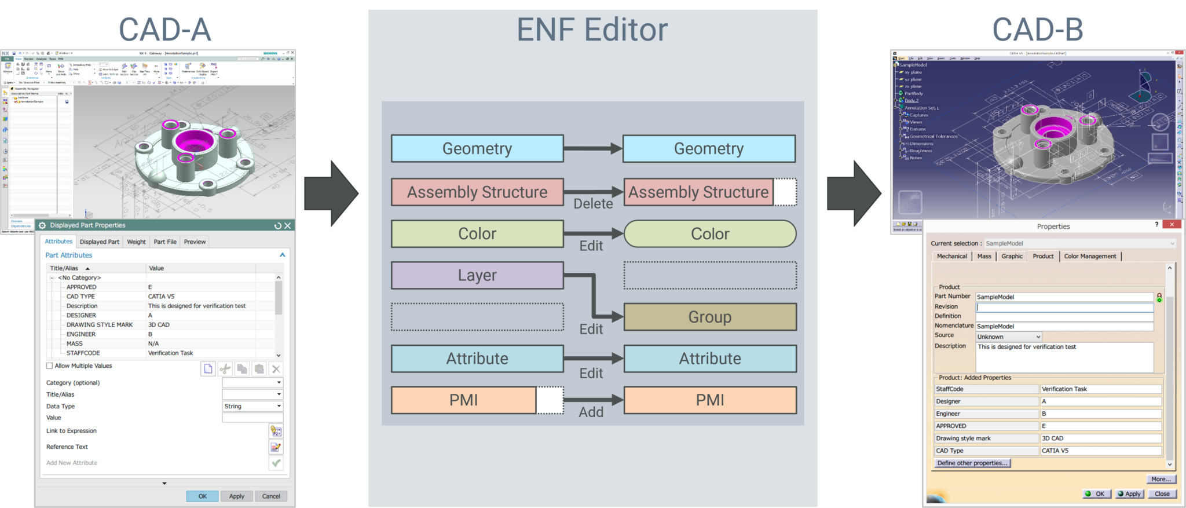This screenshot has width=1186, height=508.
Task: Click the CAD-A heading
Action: [x=165, y=30]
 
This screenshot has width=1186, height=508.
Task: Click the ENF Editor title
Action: [x=592, y=30]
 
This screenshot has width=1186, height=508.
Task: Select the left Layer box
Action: [x=477, y=275]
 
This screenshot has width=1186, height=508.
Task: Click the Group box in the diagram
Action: [x=710, y=317]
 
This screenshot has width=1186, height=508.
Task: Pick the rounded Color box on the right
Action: [x=710, y=234]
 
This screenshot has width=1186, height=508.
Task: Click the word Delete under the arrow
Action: [x=593, y=204]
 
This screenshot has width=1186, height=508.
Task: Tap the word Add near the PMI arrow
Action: [x=591, y=412]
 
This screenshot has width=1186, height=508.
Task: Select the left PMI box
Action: [x=464, y=400]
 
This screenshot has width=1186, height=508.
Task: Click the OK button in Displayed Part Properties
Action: [x=202, y=496]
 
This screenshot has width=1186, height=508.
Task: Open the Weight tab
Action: [x=136, y=242]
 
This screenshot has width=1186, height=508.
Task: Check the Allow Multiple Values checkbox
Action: [x=50, y=366]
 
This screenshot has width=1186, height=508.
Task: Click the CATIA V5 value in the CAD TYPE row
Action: [x=161, y=297]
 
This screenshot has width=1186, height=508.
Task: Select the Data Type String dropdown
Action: [x=252, y=407]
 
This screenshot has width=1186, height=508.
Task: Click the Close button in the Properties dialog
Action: [x=1162, y=494]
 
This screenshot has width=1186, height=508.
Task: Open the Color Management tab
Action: [x=1090, y=256]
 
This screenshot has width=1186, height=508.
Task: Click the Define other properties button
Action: [x=972, y=463]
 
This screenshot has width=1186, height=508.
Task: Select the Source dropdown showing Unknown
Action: [x=1009, y=337]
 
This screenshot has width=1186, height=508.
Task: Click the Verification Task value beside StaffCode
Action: [x=1064, y=389]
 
